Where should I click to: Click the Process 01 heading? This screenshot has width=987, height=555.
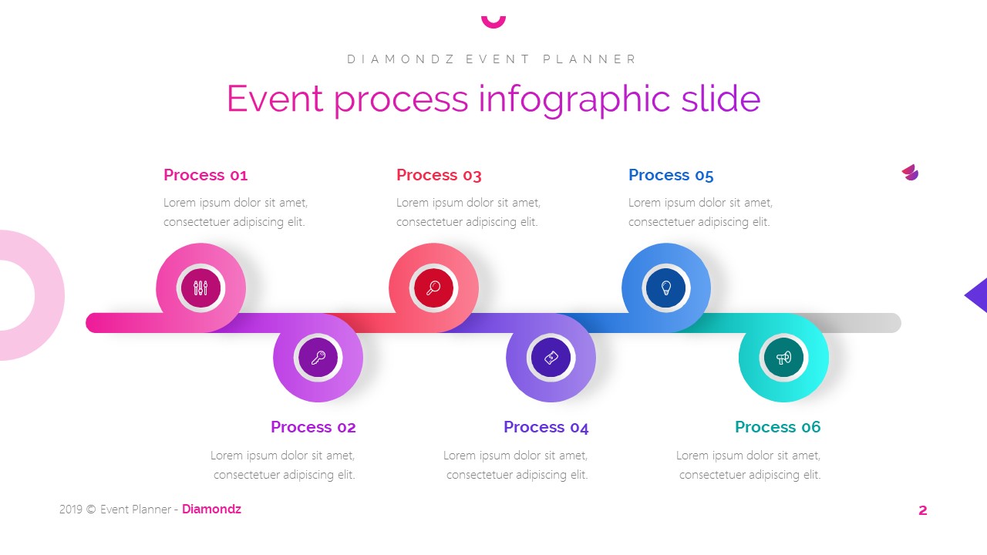[x=205, y=175]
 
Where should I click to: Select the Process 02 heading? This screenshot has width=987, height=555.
[x=313, y=427]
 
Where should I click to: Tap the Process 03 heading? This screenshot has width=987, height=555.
[x=439, y=175]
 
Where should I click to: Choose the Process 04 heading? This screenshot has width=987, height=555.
[x=546, y=427]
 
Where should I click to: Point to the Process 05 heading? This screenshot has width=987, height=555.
[x=671, y=175]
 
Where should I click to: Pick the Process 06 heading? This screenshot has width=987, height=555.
[x=777, y=427]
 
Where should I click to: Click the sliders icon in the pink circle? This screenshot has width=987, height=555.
[x=201, y=288]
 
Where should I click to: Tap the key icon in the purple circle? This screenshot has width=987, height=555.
[x=318, y=358]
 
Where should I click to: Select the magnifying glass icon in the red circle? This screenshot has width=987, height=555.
[x=433, y=288]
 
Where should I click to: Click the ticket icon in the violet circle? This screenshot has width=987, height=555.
[x=551, y=358]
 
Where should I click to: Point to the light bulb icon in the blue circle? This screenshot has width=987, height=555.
[x=666, y=288]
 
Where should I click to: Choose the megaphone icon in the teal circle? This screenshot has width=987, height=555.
[x=783, y=358]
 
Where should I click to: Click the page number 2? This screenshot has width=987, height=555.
[x=922, y=510]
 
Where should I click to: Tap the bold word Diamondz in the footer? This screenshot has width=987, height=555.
[x=211, y=510]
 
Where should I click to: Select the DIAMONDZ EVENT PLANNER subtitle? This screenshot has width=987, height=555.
[x=492, y=59]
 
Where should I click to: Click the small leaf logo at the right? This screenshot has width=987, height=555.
[x=910, y=173]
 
